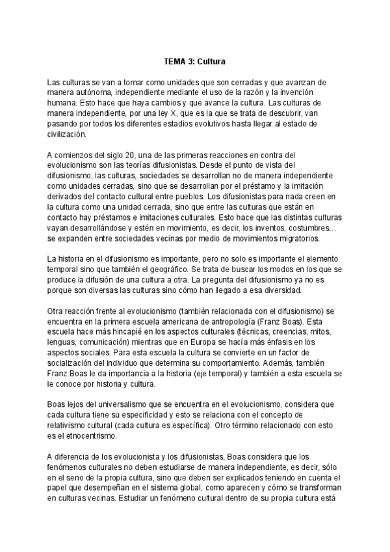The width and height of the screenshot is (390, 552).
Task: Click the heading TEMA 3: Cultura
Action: [194, 62]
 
